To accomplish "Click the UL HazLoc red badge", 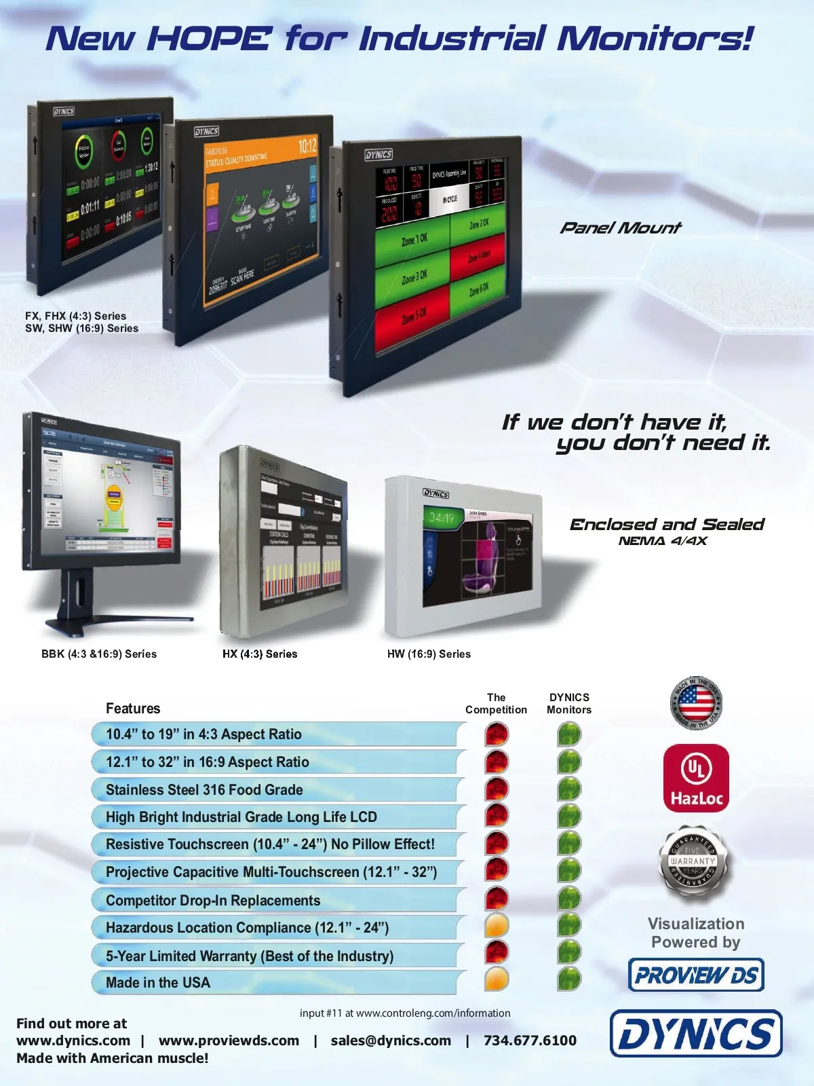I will coord(696,778).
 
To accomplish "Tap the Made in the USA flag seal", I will coord(696,703).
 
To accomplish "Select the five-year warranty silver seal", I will coord(693,861).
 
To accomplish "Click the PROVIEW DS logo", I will coord(696,975).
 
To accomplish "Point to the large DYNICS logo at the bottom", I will coord(696,1034).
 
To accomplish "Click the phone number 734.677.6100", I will coord(530,1041).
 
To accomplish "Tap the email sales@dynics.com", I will coord(391,1041).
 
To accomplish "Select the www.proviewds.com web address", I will coord(229,1041).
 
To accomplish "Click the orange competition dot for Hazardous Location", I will coord(497,925).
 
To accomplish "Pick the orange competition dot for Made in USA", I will coord(497,979).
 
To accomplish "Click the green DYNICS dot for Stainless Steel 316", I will coord(569,789).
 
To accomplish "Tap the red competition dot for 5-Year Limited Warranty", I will coord(497,952).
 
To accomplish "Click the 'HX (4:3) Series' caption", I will coord(260,654).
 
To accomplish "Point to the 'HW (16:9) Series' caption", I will coord(429,654).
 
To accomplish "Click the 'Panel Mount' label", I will coord(620,228).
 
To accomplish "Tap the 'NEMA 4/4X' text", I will coord(663,541).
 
